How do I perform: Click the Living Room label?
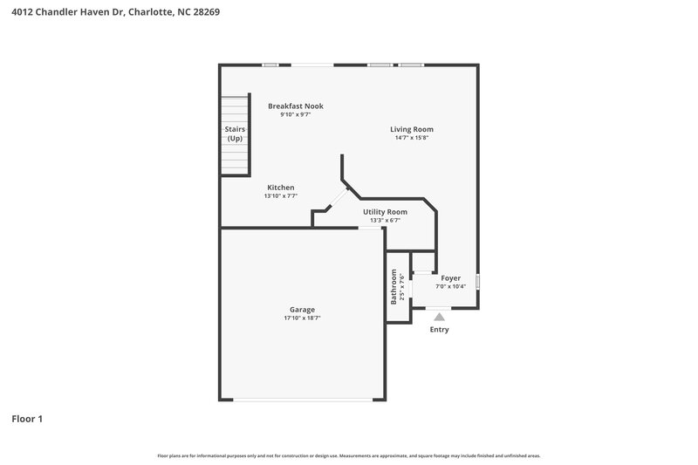point(411,129)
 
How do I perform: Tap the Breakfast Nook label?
point(295,106)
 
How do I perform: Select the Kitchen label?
point(280,188)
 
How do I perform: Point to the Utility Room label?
point(385,212)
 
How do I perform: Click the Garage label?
point(302,310)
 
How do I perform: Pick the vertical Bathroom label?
point(394,286)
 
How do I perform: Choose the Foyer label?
point(450,278)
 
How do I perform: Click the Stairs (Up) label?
point(235,133)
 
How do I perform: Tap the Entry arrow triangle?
point(439,318)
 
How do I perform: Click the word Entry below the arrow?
point(439,330)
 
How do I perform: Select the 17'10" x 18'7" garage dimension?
point(302,318)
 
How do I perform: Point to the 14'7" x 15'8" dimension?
point(411,138)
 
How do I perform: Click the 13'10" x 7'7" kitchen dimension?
point(280,196)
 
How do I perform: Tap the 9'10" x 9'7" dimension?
point(295,114)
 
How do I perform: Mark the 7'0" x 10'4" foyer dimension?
point(450,287)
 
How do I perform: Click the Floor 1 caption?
point(27,419)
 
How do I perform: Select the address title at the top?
point(110,12)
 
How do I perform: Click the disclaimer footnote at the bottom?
point(348,455)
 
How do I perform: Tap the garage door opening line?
point(302,400)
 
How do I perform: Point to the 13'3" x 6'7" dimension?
point(385,221)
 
